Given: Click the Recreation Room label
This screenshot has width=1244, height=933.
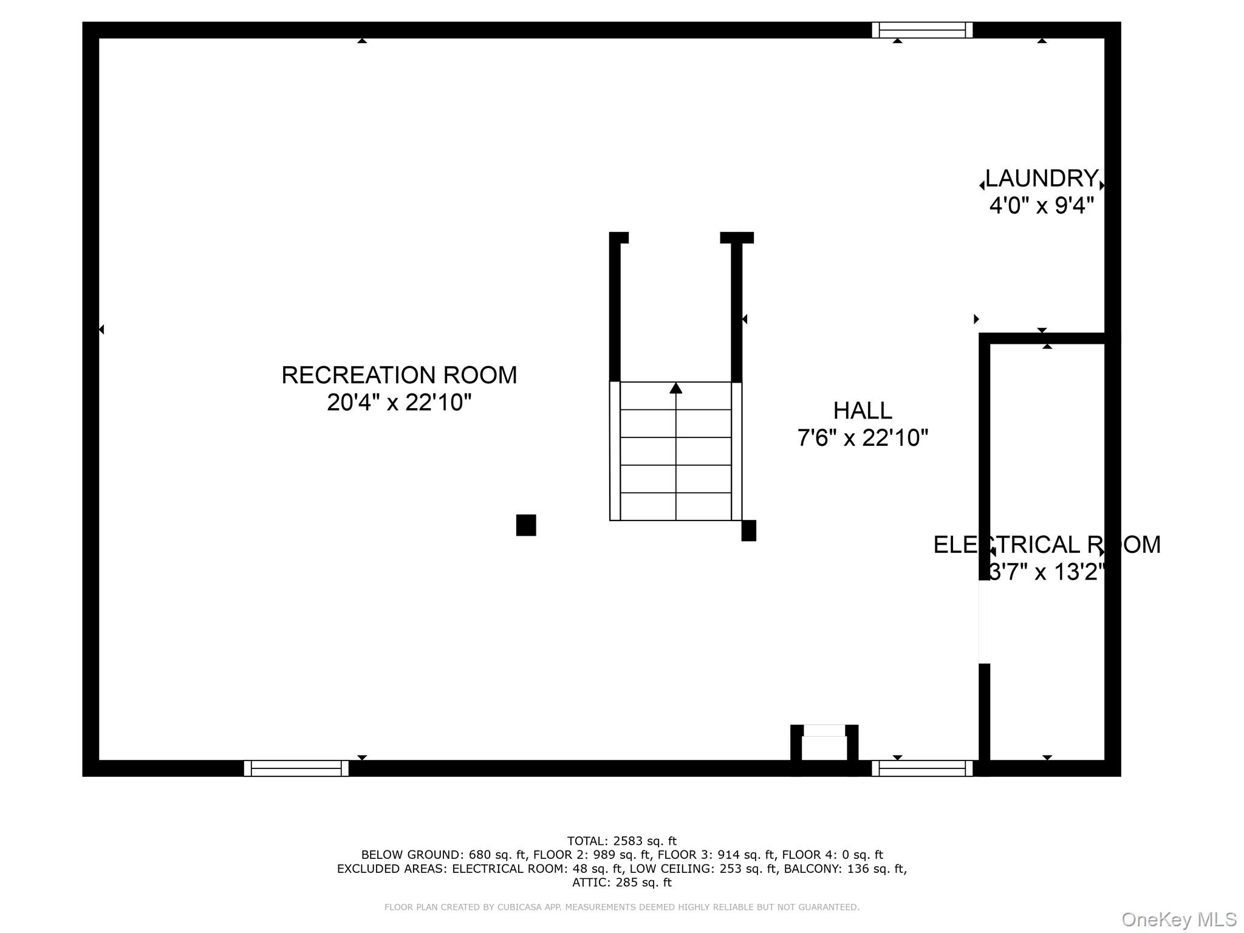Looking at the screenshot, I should (x=399, y=375).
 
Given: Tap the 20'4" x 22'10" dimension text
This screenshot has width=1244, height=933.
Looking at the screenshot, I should (x=399, y=402).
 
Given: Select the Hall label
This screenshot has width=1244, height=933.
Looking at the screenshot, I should (x=863, y=411).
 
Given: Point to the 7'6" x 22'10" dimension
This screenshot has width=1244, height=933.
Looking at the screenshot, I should (x=863, y=438).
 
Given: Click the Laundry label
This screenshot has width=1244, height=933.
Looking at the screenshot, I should (x=1041, y=179).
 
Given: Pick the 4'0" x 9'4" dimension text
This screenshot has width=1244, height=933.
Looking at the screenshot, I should (x=1041, y=206).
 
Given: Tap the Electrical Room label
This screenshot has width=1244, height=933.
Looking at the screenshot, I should (x=1047, y=545).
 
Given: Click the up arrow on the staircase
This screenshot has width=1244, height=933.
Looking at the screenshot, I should (x=675, y=388).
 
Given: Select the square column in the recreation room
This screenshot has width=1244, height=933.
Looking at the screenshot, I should (x=526, y=525).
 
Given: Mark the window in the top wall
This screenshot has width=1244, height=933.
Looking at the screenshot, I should (x=922, y=30).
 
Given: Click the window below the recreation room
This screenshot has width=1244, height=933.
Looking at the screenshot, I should (x=296, y=768).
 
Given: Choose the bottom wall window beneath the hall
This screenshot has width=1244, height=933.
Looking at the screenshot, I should (x=922, y=768).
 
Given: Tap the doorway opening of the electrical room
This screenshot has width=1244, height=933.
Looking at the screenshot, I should (x=985, y=622).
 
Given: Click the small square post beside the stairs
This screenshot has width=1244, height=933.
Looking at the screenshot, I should (x=749, y=530).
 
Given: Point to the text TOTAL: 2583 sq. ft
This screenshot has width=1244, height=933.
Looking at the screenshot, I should (x=621, y=841).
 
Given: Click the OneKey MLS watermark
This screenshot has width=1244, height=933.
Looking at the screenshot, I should (x=1178, y=920).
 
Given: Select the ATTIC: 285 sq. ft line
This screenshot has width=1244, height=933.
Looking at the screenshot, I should (x=621, y=883).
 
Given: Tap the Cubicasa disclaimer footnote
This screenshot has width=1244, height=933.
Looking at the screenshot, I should (x=621, y=907).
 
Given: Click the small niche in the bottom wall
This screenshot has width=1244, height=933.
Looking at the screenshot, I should (x=824, y=747).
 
